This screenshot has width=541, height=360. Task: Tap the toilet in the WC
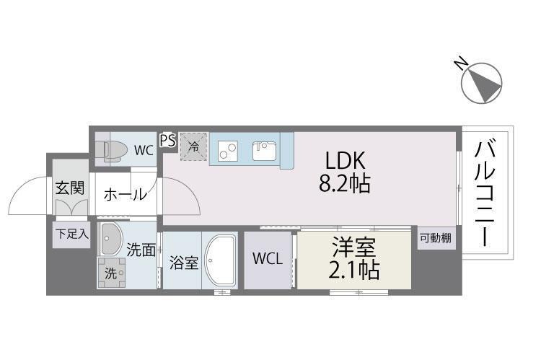pyautogui.click(x=113, y=149)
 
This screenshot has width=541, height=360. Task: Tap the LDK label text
pyautogui.click(x=346, y=161)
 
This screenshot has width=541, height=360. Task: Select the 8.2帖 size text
pyautogui.click(x=345, y=184)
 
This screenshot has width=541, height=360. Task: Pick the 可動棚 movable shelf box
pyautogui.click(x=436, y=237)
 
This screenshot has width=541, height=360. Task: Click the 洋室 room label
pyautogui.click(x=353, y=249)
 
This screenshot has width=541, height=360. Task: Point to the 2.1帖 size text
pyautogui.click(x=353, y=270)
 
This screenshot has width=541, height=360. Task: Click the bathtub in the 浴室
pyautogui.click(x=221, y=260)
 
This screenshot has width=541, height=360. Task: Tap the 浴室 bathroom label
pyautogui.click(x=183, y=262)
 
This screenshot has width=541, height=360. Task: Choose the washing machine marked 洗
pyautogui.click(x=112, y=273)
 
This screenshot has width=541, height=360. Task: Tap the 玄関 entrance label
pyautogui.click(x=70, y=189)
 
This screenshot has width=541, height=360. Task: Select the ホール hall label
pyautogui.click(x=126, y=194)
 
